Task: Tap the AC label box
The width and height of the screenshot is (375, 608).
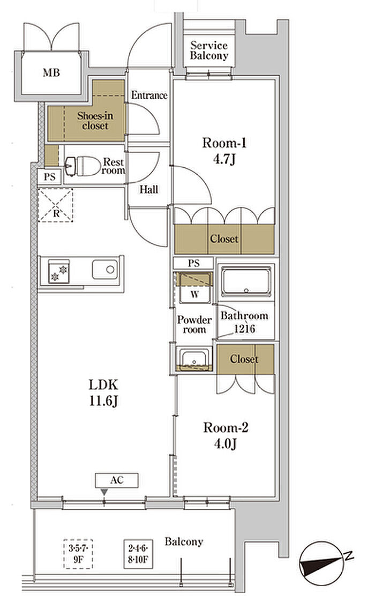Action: point(117,480)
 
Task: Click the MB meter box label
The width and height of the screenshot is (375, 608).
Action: point(51,72)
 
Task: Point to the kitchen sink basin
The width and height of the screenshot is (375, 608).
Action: point(104,269)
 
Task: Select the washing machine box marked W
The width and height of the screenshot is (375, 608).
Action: point(194,288)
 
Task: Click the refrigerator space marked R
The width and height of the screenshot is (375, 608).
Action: point(55,205)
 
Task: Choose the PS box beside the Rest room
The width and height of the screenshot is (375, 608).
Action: point(50,177)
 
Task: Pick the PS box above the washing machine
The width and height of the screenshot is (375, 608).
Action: point(193,263)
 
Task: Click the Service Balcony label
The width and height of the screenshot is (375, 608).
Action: point(209,50)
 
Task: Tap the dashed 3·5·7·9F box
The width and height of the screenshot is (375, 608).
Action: point(78,554)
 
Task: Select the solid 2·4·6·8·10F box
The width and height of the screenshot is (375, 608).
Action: point(138,554)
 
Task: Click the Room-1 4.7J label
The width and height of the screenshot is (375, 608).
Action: point(224,151)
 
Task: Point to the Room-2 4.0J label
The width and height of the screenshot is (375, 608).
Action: point(226,435)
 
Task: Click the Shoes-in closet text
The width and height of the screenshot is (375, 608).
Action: point(95,121)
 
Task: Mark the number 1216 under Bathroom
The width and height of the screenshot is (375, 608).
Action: point(244,329)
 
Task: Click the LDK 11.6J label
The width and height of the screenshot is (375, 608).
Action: point(103,392)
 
